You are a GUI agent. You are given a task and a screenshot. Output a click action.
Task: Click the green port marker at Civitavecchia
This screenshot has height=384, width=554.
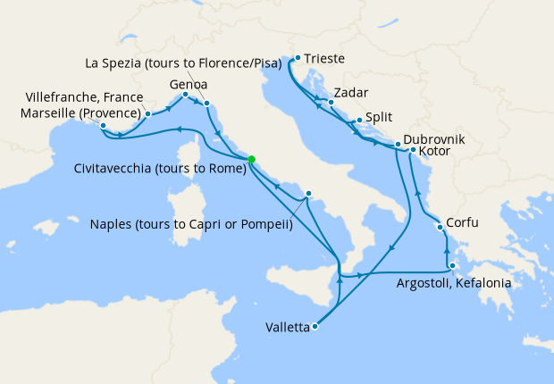251,160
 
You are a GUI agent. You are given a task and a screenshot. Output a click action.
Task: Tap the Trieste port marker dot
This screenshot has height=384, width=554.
298,58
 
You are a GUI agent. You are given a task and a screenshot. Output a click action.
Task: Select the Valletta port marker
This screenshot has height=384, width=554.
315,327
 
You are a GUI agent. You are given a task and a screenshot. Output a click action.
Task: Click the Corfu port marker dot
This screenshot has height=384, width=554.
440,227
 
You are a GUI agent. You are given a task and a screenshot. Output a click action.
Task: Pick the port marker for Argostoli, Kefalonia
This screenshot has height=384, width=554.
453,266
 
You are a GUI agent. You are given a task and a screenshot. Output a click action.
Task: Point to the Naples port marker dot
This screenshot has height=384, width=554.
308,193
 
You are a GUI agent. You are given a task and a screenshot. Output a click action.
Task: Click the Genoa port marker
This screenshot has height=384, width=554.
185,95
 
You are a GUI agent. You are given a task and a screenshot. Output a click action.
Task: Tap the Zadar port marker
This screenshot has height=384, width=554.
331,102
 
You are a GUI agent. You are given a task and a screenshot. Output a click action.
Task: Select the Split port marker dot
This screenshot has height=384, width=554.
359,121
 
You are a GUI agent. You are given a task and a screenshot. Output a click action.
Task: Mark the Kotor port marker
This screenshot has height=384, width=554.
412,150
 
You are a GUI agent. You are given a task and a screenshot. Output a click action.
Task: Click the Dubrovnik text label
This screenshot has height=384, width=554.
433,140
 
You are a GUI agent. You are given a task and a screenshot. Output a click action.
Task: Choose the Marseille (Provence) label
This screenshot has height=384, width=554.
82,113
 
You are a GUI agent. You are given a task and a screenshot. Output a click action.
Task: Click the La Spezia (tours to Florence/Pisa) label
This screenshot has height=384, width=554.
183,63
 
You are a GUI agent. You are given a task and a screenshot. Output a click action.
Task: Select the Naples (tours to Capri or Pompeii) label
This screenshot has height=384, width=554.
191,225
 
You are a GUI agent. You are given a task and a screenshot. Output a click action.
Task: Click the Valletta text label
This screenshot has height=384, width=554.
288,328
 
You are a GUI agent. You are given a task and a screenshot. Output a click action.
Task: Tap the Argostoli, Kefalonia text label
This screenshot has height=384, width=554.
453,283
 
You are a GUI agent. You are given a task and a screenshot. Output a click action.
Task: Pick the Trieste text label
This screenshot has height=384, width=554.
324,60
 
